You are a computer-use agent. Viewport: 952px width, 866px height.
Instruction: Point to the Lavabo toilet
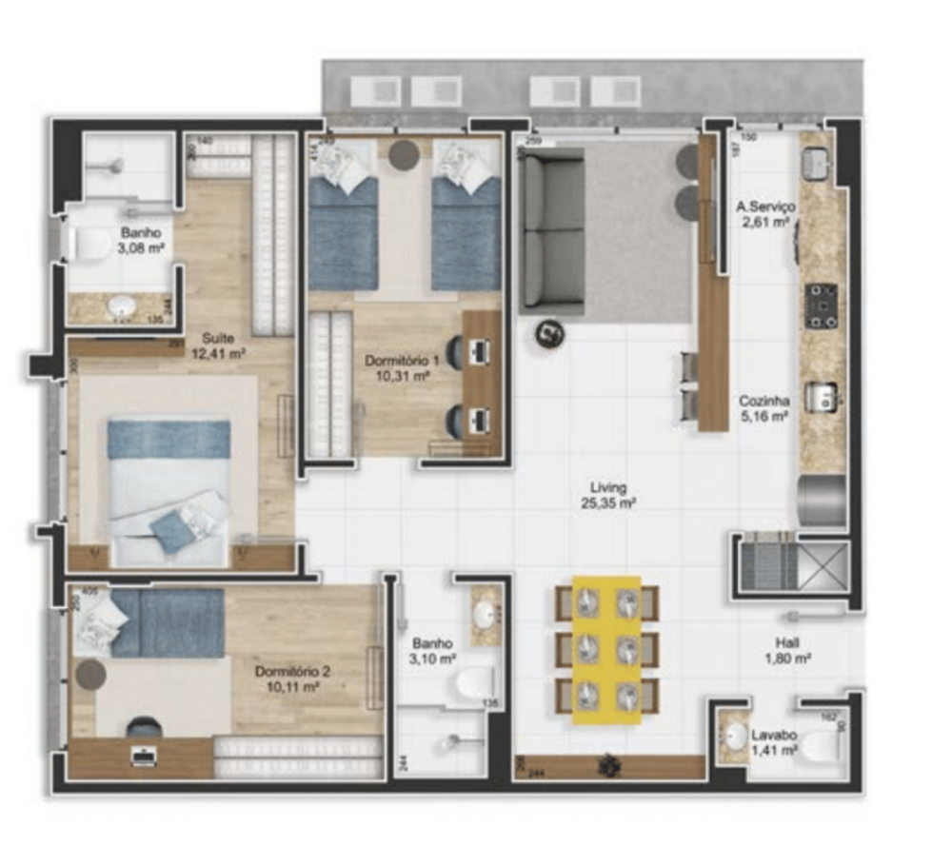click(822, 747)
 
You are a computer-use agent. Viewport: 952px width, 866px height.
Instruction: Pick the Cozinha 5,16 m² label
click(764, 408)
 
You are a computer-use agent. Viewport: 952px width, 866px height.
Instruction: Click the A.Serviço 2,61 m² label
click(765, 214)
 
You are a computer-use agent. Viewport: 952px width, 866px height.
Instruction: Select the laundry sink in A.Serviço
click(815, 165)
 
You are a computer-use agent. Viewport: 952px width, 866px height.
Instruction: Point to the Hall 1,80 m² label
click(787, 650)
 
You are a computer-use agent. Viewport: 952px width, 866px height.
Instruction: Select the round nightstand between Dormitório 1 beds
click(404, 154)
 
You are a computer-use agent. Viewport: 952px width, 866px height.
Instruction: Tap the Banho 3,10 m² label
click(433, 651)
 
